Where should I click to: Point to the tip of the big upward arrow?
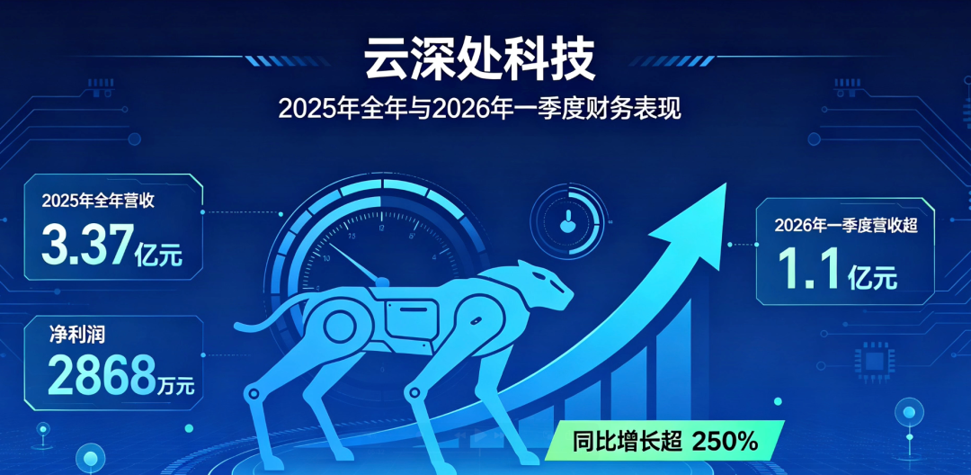pyautogui.click(x=726, y=184)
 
